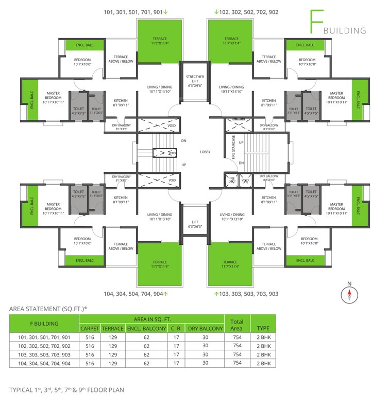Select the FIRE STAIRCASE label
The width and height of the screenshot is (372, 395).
(x=233, y=147)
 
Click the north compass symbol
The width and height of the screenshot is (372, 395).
(x=349, y=294)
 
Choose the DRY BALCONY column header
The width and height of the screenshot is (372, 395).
(x=205, y=328)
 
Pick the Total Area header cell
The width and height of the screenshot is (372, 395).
(x=236, y=324)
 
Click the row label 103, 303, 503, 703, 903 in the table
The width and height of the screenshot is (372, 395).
(x=44, y=354)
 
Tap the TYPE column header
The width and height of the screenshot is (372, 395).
(x=263, y=328)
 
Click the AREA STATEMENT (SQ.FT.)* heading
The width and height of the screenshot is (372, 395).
(x=48, y=309)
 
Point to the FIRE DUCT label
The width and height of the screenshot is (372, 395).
(x=232, y=180)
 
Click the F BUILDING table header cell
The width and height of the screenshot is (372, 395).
(x=44, y=324)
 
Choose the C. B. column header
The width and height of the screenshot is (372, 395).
(x=176, y=328)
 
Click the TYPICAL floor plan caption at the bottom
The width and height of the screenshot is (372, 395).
(x=66, y=389)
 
